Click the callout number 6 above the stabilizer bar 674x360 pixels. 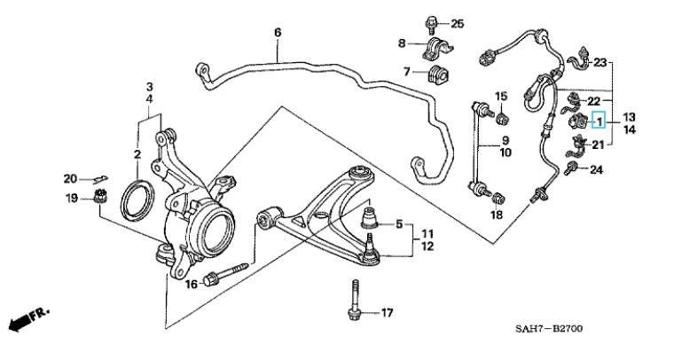[277, 33]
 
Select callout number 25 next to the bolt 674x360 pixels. [457, 23]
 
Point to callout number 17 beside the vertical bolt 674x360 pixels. [385, 312]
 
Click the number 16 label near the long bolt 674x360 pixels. [191, 284]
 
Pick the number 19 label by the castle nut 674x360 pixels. [72, 198]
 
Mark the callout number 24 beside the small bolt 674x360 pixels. [596, 169]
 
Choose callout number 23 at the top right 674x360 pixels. [600, 63]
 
